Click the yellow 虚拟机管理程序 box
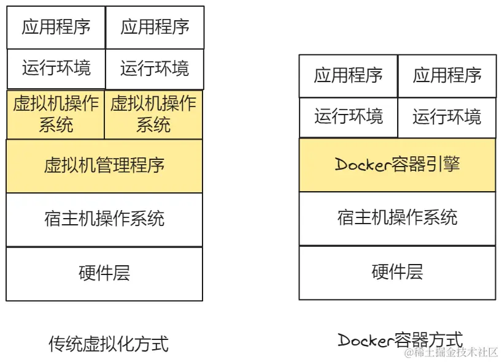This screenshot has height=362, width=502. pos(104,166)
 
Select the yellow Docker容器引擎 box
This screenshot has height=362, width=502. pos(397,165)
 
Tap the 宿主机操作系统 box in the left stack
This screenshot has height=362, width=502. pos(104,219)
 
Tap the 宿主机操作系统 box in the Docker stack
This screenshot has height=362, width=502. pos(397,218)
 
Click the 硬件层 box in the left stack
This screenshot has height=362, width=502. pos(104,273)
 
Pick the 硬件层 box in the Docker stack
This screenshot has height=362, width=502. pos(397,272)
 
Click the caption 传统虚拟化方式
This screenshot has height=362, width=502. pos(108,344)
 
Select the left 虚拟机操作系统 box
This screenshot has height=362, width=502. pos(56,115)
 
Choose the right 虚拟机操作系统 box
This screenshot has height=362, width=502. pos(153,115)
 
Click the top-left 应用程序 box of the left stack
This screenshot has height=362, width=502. pos(56,27)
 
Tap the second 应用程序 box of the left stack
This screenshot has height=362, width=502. pos(155,27)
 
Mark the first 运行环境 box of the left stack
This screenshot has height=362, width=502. pos(56,68)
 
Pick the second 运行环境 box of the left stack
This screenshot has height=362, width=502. pos(155,68)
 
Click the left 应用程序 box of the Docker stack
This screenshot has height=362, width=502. pos(348,75)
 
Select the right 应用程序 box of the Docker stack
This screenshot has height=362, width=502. pos(447,75)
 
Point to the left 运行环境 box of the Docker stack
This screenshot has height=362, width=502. pos(348,116)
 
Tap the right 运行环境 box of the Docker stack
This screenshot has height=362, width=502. pos(447,116)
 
